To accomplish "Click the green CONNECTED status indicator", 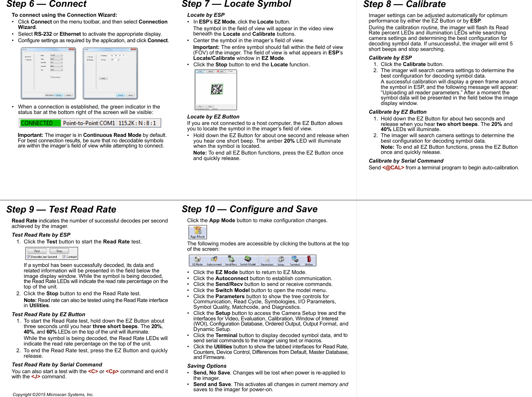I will (40, 123).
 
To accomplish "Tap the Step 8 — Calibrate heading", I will (404, 4).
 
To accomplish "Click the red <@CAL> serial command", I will (393, 168).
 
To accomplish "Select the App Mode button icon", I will (198, 232).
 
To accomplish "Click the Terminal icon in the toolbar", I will (295, 260).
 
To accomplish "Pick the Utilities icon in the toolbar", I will (309, 260).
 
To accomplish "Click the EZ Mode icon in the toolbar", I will (197, 260).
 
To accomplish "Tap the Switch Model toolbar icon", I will (248, 260).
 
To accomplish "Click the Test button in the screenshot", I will (37, 251).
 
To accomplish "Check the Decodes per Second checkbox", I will (29, 257).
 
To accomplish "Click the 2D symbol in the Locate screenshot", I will (217, 89).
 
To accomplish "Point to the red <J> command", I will (35, 377).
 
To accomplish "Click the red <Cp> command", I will (112, 372).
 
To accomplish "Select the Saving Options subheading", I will (207, 366).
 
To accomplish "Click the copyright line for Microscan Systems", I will (53, 394).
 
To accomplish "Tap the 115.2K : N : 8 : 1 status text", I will (137, 123).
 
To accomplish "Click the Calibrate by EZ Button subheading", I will (398, 112).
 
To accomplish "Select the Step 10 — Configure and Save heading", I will (250, 209).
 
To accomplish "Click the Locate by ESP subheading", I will (206, 15).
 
